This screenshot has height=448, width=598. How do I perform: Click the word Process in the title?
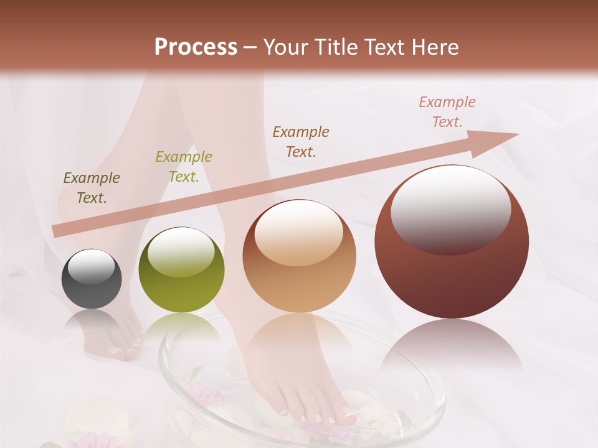196,47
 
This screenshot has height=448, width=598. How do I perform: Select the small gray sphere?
92,279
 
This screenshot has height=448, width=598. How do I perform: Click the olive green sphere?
181,269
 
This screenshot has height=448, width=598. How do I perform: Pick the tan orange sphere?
299,256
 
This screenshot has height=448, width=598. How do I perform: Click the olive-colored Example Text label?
184,166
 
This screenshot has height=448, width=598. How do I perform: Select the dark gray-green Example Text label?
92,187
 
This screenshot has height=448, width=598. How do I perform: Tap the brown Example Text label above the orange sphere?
301,141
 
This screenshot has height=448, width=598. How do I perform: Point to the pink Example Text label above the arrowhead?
447,111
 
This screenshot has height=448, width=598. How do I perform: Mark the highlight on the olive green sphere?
181,251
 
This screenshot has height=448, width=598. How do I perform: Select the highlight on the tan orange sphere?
298,233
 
